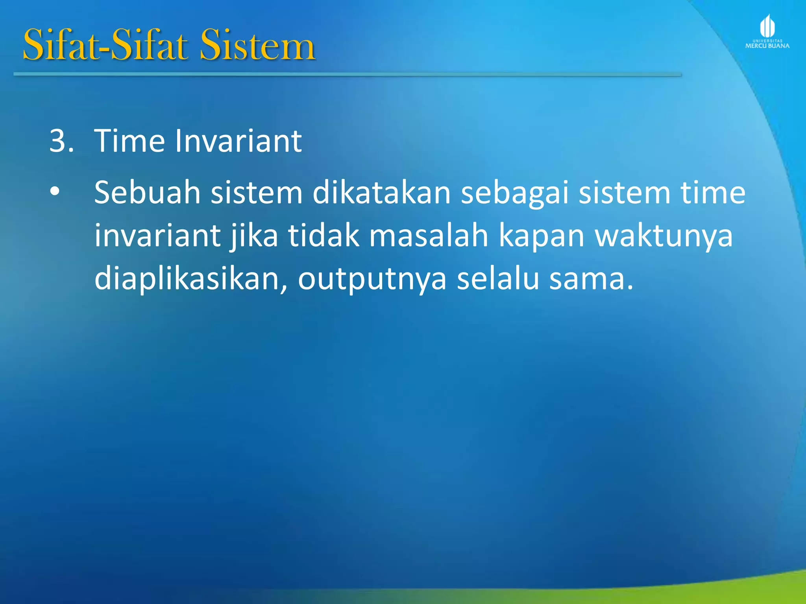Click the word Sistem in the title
tap(257, 46)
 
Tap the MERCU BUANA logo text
tap(767, 46)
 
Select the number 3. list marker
tap(61, 141)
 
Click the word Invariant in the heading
tap(238, 141)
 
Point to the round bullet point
tap(55, 192)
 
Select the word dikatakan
tap(381, 193)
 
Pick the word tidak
tap(324, 236)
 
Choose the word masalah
tap(429, 236)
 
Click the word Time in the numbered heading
tap(129, 141)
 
